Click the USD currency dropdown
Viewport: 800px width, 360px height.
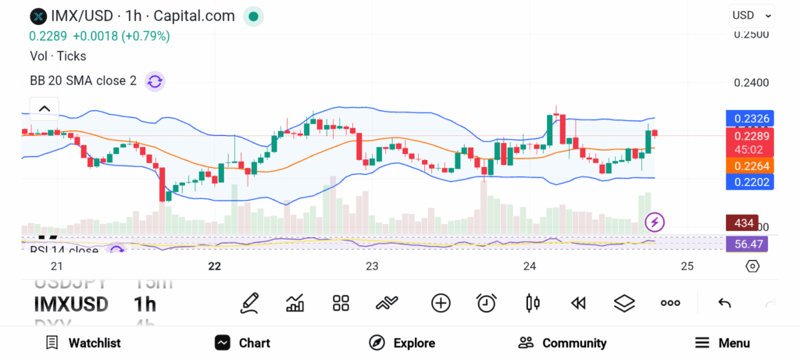[752, 15]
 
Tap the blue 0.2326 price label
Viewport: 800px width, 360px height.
[748, 119]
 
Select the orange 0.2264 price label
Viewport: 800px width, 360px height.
[748, 165]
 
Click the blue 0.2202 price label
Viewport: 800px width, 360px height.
[748, 181]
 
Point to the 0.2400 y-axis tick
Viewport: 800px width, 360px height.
[752, 82]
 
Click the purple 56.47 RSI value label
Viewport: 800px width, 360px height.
[747, 244]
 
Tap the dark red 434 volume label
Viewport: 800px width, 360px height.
[741, 223]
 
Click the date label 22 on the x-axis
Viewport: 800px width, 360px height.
[215, 266]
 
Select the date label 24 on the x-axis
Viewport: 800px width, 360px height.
[530, 266]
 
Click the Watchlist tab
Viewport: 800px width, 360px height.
[83, 343]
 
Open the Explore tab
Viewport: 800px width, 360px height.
[402, 343]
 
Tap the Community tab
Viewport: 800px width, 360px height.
[562, 343]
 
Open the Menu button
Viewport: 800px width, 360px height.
[723, 343]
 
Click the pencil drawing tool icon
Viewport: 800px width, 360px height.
[250, 303]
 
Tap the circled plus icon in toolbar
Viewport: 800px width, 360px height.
[441, 303]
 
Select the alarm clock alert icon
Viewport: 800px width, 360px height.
[487, 303]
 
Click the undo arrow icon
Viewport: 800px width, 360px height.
[724, 303]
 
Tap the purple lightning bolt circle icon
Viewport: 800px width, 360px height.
[655, 223]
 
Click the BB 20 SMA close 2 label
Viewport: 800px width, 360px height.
[83, 80]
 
